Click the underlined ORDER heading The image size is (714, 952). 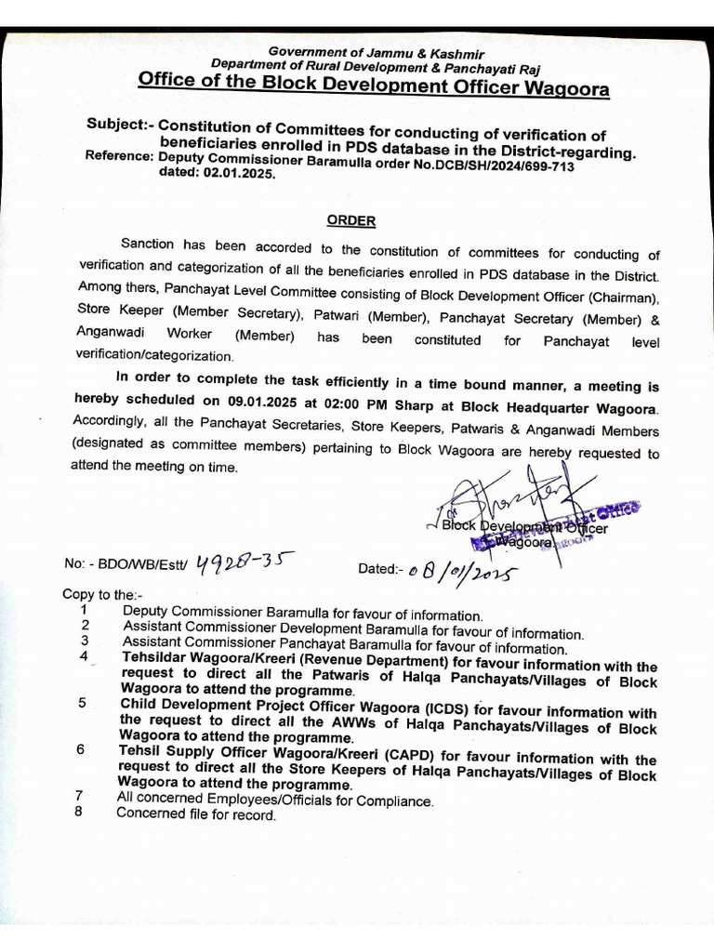350,220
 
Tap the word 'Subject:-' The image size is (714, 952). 120,125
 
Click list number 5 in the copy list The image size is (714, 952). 83,704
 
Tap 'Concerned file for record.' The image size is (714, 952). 196,814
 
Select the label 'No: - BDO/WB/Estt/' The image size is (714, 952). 126,564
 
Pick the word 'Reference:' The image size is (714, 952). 118,156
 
